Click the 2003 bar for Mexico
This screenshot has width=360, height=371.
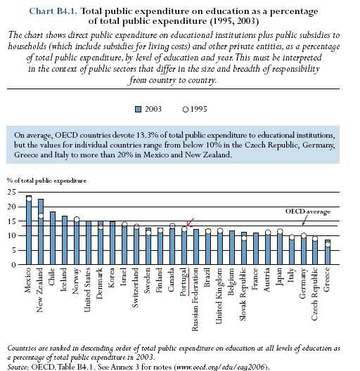pos(29,230)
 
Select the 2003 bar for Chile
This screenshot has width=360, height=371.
pos(53,238)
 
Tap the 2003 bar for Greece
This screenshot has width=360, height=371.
pos(328,252)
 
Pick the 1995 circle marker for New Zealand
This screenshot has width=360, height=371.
pos(41,216)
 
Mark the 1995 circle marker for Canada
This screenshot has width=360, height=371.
pos(172,226)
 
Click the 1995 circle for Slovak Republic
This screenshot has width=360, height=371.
pos(244,238)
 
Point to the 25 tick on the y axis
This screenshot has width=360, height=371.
pos(11,192)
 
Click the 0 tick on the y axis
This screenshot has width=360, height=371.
pos(14,265)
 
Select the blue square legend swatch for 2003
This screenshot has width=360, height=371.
pos(138,110)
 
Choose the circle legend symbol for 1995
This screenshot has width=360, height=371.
pos(186,110)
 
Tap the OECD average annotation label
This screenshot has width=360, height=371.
pos(308,211)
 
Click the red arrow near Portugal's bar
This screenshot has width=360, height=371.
pos(190,223)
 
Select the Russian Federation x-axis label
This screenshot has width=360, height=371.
pos(195,299)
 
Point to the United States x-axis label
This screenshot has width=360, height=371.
pos(87,289)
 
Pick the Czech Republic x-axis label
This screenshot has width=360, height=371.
pos(314,294)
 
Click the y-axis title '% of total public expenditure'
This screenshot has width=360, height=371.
pos(46,181)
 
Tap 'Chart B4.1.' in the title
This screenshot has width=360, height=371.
pos(53,11)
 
